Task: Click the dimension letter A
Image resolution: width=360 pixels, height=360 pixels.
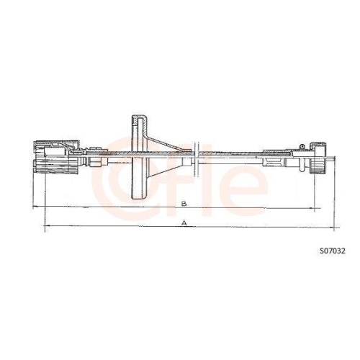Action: pyautogui.click(x=185, y=224)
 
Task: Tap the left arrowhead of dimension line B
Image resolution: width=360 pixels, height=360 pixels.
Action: pyautogui.click(x=36, y=207)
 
